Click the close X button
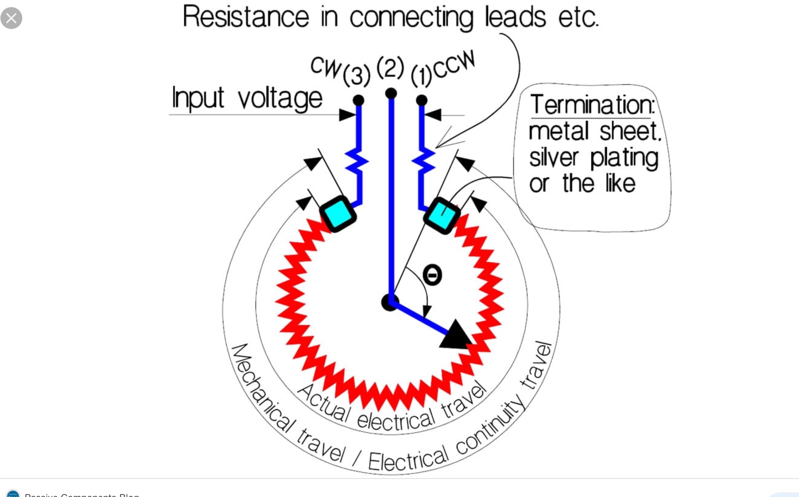11,18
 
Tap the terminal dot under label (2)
391,93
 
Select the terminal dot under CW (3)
358,100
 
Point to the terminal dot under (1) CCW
421,100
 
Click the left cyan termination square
338,214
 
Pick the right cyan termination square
441,215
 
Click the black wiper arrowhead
456,336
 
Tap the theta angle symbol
432,275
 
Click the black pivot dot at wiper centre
389,302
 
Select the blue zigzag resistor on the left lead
357,162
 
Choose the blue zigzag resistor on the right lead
423,162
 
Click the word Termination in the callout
592,105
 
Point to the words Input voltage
247,98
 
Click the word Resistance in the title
246,17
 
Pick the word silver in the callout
554,158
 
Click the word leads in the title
515,17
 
